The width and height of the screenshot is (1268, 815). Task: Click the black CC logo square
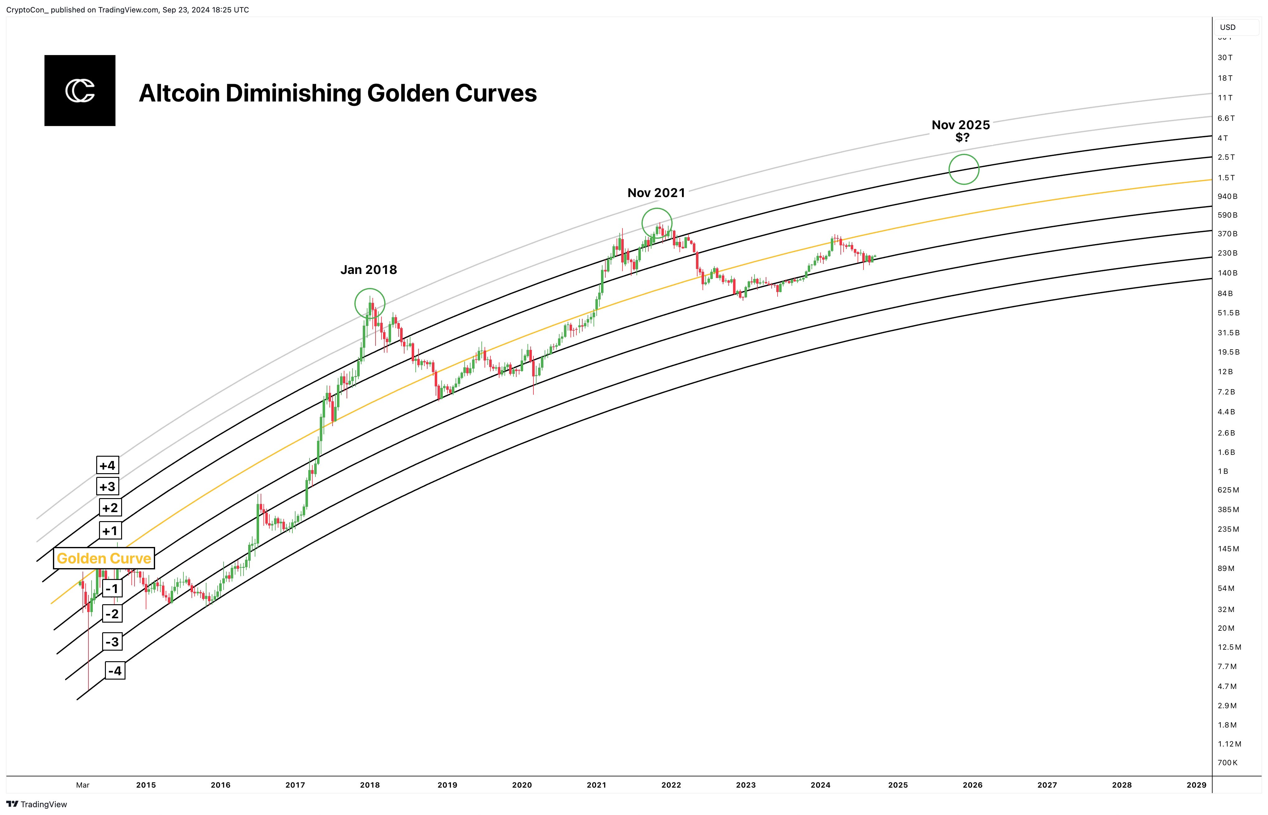pos(80,91)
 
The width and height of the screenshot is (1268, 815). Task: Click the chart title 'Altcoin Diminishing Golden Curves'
pos(338,93)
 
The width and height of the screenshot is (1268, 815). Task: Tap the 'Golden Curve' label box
pos(104,558)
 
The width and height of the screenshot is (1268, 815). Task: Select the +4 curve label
pos(107,465)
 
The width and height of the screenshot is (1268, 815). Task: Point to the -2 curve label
pos(112,614)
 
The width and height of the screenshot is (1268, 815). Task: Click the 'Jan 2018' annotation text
pos(369,270)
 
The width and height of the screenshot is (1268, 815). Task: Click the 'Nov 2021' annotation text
pos(656,193)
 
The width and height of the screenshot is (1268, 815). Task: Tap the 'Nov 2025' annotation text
pos(961,125)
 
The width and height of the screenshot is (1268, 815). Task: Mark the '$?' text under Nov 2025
pos(963,138)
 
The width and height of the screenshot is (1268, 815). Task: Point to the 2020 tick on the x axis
pos(522,785)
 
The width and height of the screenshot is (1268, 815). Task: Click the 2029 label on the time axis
pos(1197,785)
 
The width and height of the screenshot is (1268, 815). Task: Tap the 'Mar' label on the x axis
pos(83,785)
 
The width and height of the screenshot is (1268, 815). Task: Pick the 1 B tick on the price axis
pos(1223,471)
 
